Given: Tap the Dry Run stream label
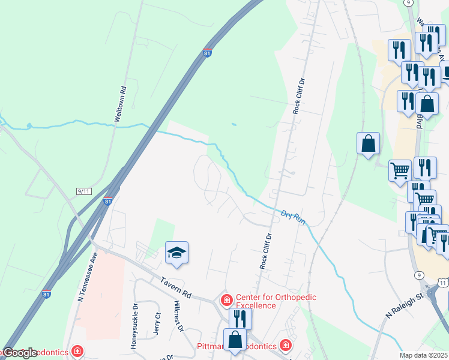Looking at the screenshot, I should (x=294, y=217).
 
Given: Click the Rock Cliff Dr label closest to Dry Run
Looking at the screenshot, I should (x=267, y=250).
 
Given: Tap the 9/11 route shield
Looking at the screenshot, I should (x=84, y=191).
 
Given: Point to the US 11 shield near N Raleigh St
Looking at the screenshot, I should (x=443, y=281).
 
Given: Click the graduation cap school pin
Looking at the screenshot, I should (x=177, y=252).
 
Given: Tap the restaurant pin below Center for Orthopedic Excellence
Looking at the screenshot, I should (x=240, y=319).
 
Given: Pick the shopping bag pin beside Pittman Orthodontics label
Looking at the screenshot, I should (x=235, y=339).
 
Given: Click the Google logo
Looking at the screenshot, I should (x=21, y=353).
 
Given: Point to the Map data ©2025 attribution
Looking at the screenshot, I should (x=423, y=355).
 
